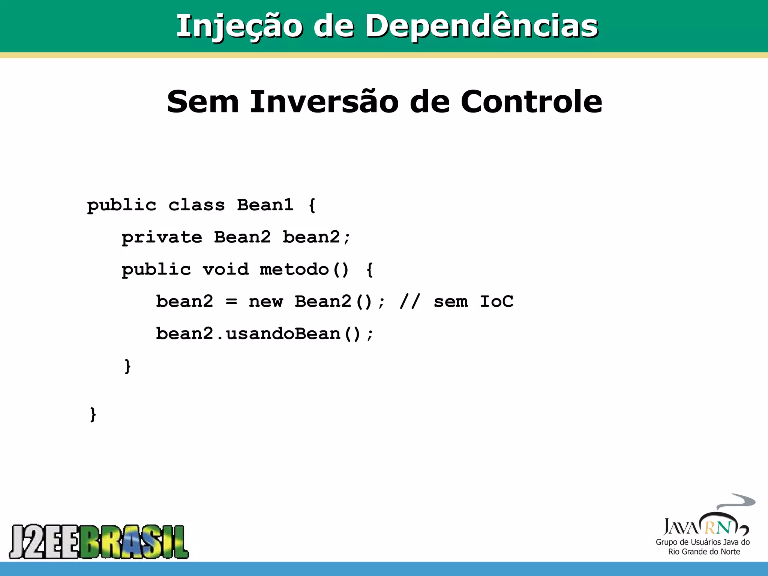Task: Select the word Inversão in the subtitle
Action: [324, 102]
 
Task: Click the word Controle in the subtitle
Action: [531, 102]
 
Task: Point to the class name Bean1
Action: [265, 205]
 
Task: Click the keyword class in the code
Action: [196, 205]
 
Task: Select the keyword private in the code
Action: [162, 237]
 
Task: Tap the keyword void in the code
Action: [226, 270]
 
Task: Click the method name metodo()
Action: [304, 270]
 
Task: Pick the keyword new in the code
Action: [266, 302]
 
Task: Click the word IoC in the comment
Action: [496, 302]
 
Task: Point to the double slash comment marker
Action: [410, 302]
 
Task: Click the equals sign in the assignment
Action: [231, 302]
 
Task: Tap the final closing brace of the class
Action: [93, 414]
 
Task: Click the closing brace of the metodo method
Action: [127, 366]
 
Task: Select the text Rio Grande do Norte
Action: [704, 552]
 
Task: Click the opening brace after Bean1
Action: [312, 205]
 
